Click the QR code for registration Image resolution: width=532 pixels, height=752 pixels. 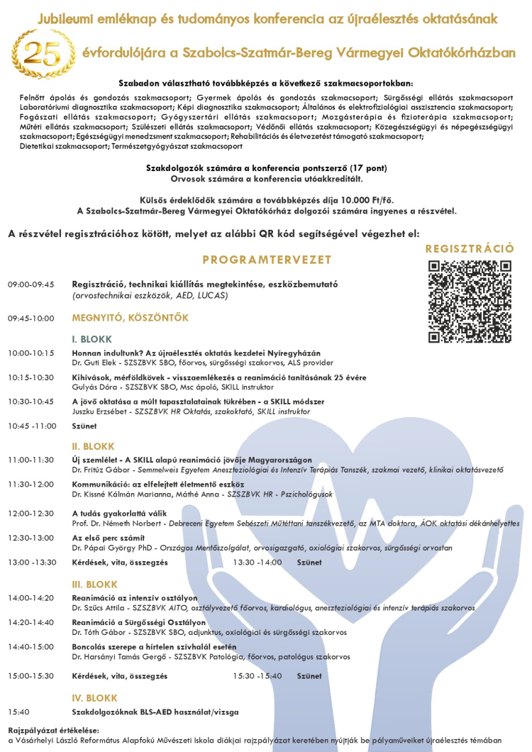tap(470, 302)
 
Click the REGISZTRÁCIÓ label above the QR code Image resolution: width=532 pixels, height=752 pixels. tap(470, 248)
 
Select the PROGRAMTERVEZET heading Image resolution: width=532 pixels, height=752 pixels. tap(267, 260)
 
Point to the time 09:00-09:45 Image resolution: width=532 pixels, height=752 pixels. tap(31, 284)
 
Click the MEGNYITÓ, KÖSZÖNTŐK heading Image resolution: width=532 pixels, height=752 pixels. tap(130, 318)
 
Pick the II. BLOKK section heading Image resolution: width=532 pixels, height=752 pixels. tap(93, 446)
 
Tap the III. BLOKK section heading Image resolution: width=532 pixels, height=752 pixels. tap(94, 584)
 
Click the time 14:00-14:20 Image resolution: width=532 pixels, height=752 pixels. tap(31, 598)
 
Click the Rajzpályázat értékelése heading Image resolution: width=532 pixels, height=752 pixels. tap(53, 729)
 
